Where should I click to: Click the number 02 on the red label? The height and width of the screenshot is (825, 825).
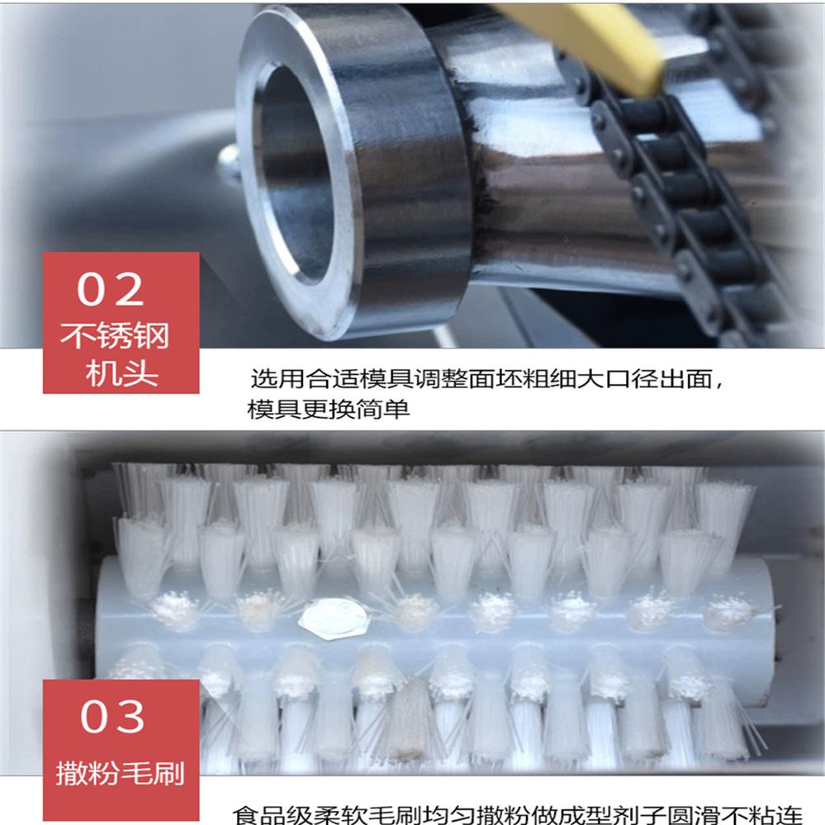pyautogui.click(x=111, y=289)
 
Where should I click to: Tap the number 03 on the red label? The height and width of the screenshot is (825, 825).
pyautogui.click(x=112, y=716)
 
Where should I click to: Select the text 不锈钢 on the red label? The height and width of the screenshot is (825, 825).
pyautogui.click(x=115, y=335)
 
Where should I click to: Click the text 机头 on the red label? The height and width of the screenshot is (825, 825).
pyautogui.click(x=121, y=373)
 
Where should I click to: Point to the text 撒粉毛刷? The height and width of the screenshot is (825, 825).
pyautogui.click(x=121, y=774)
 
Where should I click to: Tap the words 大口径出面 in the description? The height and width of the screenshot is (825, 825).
pyautogui.click(x=644, y=379)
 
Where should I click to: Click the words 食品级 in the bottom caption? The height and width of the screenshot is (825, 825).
pyautogui.click(x=272, y=816)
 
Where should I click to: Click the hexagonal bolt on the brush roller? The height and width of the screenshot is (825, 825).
pyautogui.click(x=334, y=618)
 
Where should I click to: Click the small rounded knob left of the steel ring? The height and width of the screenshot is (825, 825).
pyautogui.click(x=230, y=160)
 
